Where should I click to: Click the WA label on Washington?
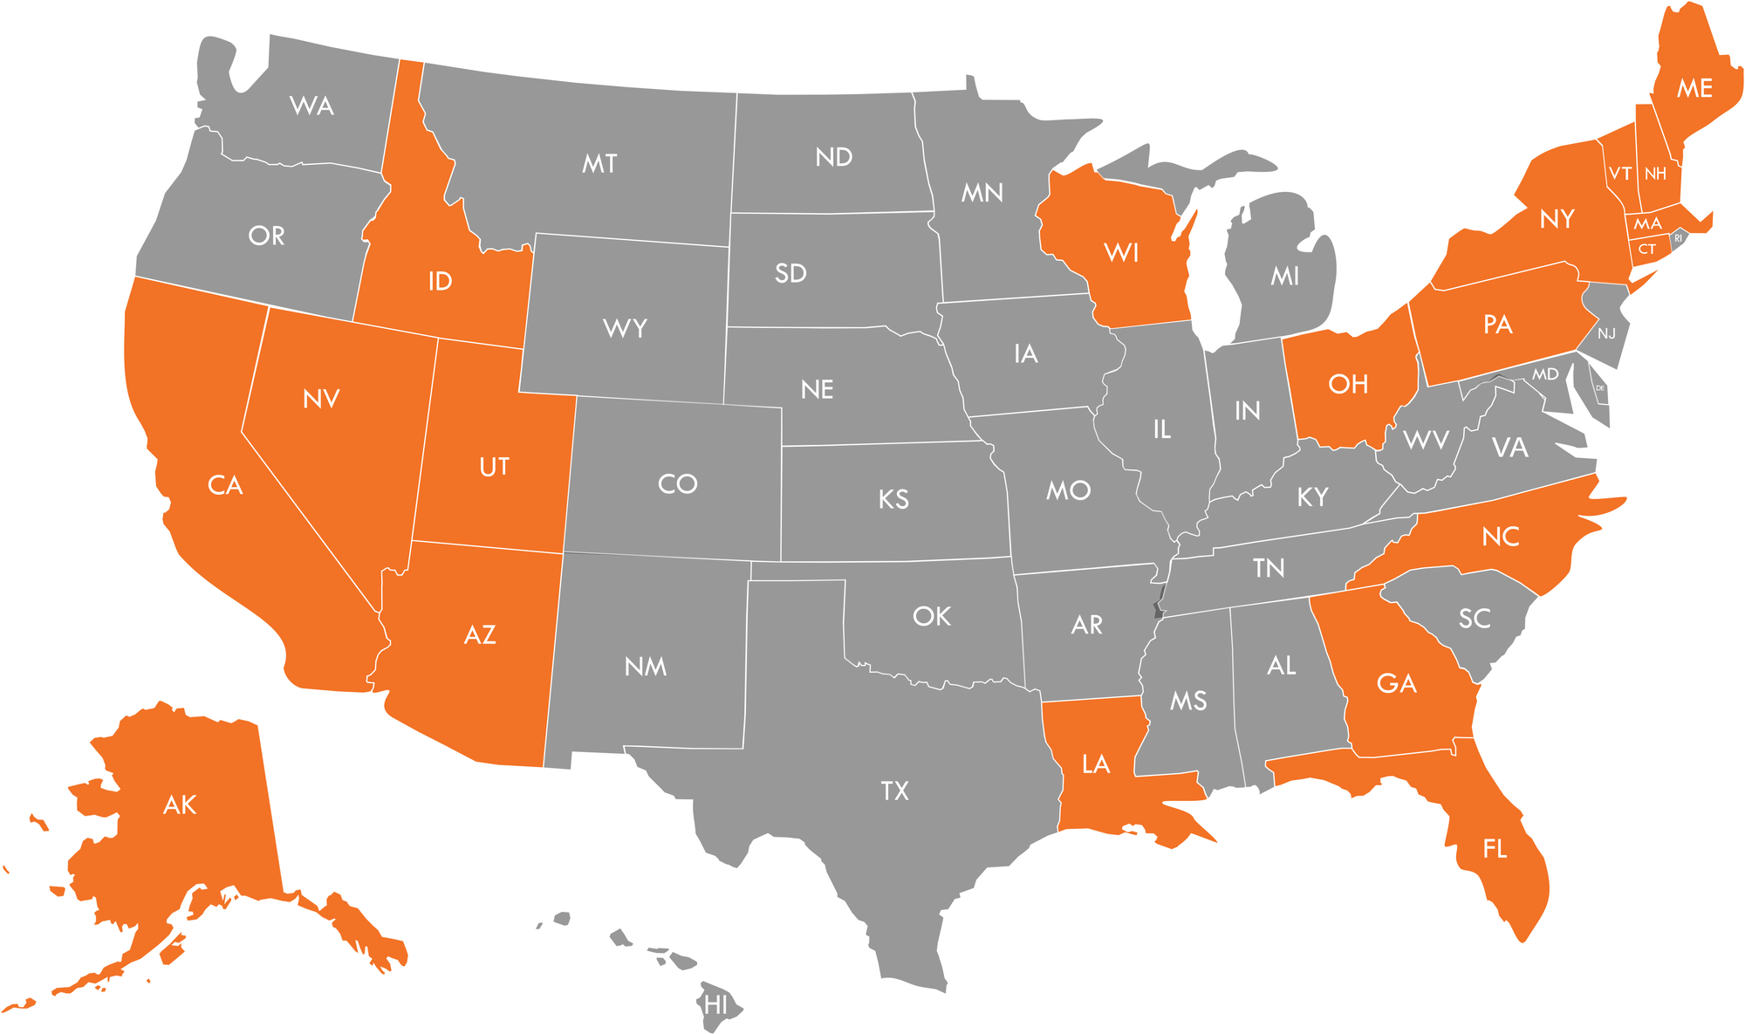click(x=311, y=106)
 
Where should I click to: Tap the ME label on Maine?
click(x=1694, y=88)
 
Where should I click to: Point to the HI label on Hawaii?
click(x=715, y=1005)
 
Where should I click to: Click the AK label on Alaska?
click(x=180, y=805)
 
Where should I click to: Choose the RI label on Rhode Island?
click(x=1678, y=238)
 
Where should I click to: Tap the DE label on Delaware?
click(x=1600, y=388)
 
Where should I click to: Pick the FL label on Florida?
click(x=1495, y=848)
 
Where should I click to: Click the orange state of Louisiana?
click(x=1096, y=764)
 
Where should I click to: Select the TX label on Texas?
click(x=894, y=791)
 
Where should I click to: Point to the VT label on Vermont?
click(x=1620, y=174)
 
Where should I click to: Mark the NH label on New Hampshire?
click(x=1655, y=174)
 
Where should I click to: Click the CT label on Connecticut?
click(x=1646, y=250)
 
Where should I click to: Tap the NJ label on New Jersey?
click(x=1606, y=333)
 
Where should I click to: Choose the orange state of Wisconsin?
click(x=1121, y=253)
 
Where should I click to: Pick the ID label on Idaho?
click(x=440, y=281)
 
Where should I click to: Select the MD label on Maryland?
click(x=1545, y=374)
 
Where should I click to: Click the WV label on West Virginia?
click(x=1427, y=440)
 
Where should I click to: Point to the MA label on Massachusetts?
click(x=1647, y=224)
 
